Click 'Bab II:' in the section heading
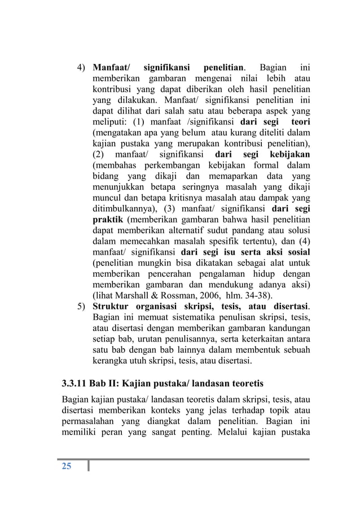(x=122, y=385)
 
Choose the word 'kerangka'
(x=111, y=361)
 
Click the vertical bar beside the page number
(x=89, y=466)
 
